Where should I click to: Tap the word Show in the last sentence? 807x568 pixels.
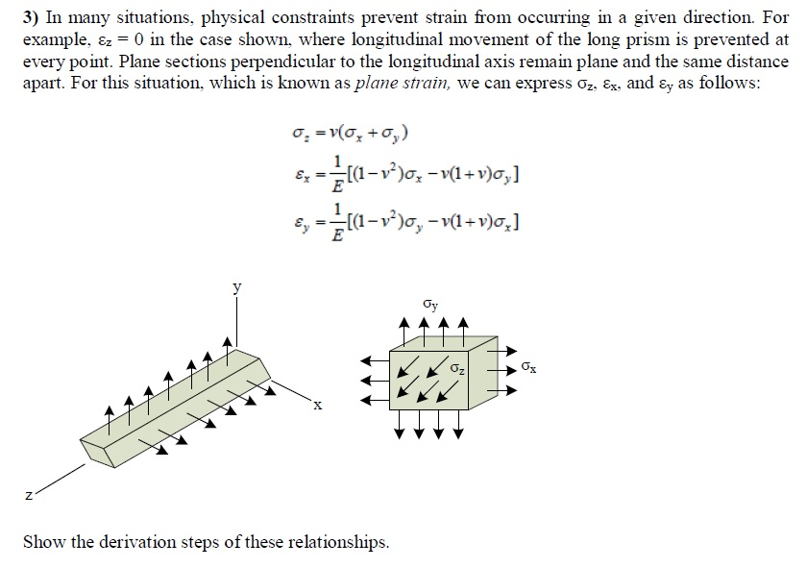point(43,542)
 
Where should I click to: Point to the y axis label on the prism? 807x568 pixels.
point(235,285)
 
